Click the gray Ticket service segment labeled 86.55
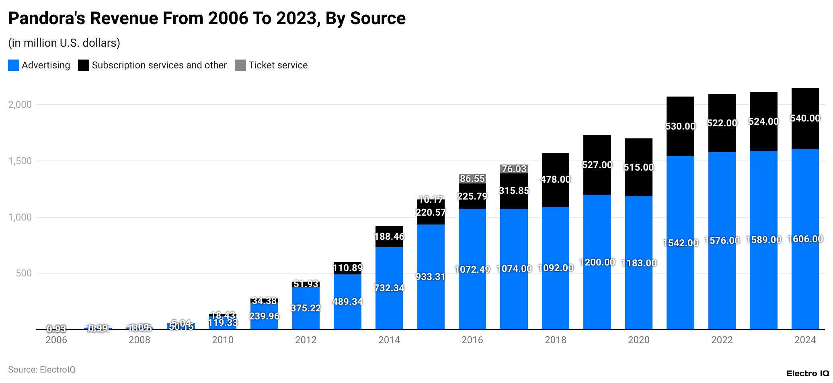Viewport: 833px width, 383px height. [472, 179]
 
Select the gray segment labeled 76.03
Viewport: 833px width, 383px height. [514, 169]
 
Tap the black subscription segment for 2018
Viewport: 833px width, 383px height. [556, 179]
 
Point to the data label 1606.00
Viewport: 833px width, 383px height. [805, 239]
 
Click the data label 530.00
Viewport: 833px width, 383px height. [680, 126]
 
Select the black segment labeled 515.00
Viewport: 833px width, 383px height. [639, 167]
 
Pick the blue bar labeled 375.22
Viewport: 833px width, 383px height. [306, 308]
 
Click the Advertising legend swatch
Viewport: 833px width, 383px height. [14, 65]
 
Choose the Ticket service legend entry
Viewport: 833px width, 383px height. [277, 65]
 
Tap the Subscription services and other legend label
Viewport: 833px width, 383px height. [159, 65]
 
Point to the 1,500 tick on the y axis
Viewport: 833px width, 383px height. [20, 161]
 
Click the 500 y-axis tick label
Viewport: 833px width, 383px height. [23, 273]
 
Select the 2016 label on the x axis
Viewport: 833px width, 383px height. [472, 340]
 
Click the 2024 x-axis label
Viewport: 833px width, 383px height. [805, 340]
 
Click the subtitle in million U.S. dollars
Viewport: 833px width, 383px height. [64, 43]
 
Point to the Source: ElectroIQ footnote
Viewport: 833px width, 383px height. [42, 369]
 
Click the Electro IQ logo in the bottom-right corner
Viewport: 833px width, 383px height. [807, 373]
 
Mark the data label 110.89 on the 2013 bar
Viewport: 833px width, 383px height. [348, 268]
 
